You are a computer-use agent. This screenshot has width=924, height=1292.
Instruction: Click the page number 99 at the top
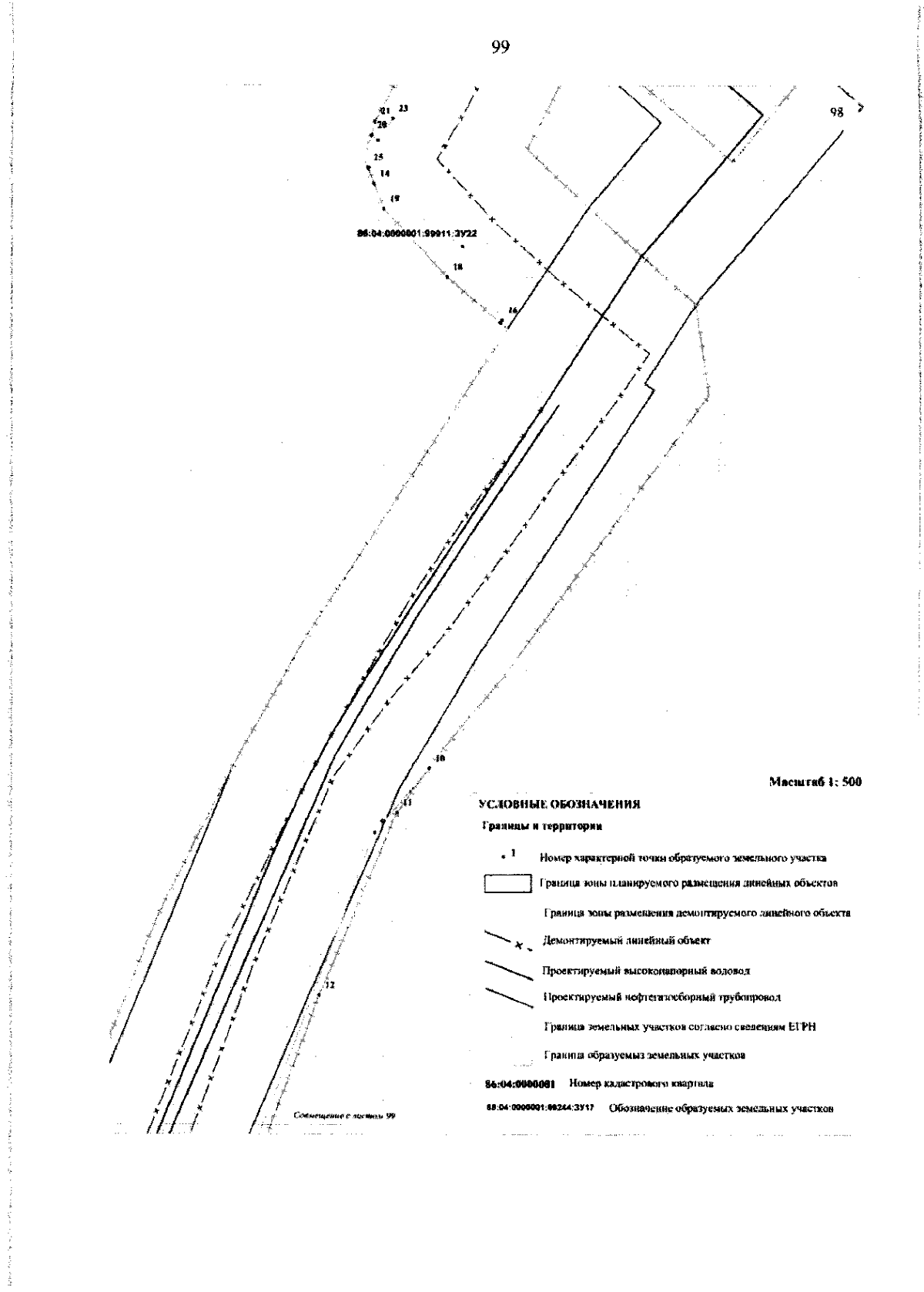500,48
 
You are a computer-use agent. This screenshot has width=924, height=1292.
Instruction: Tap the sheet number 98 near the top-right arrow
837,112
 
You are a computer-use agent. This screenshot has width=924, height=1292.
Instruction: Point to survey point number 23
403,109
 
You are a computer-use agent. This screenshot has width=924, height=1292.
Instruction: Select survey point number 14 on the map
385,174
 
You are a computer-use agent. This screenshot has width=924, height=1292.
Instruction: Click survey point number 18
458,266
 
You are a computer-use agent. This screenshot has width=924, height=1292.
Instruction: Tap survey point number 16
513,310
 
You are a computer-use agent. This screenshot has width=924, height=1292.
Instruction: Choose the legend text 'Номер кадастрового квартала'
641,1083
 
